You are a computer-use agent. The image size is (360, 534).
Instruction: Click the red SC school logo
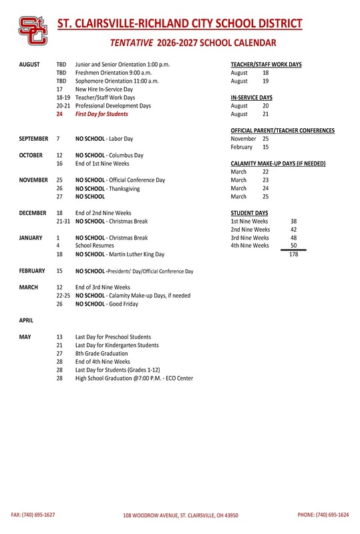click(x=32, y=31)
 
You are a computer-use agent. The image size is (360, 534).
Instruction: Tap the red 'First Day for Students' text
click(x=102, y=114)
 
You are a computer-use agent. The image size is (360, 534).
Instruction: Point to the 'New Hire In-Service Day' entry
click(x=104, y=89)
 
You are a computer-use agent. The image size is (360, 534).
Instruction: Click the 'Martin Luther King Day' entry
click(x=120, y=254)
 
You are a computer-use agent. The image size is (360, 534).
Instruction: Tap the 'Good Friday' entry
click(x=107, y=304)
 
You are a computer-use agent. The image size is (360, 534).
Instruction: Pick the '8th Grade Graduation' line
click(x=102, y=354)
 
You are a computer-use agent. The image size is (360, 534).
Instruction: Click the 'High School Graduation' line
click(x=134, y=378)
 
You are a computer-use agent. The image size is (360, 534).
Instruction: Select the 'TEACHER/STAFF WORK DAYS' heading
click(x=266, y=64)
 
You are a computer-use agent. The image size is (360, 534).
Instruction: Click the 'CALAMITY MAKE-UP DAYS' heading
click(x=278, y=164)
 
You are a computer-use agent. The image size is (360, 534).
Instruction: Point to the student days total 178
click(x=293, y=254)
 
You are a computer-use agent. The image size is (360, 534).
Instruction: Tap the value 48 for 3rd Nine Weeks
click(x=293, y=238)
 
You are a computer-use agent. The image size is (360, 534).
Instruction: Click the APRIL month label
click(x=26, y=320)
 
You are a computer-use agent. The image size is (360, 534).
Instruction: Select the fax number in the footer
click(x=33, y=515)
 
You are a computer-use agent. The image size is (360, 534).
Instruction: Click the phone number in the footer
click(x=323, y=515)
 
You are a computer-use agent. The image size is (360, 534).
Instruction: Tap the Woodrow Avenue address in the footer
click(x=180, y=516)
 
